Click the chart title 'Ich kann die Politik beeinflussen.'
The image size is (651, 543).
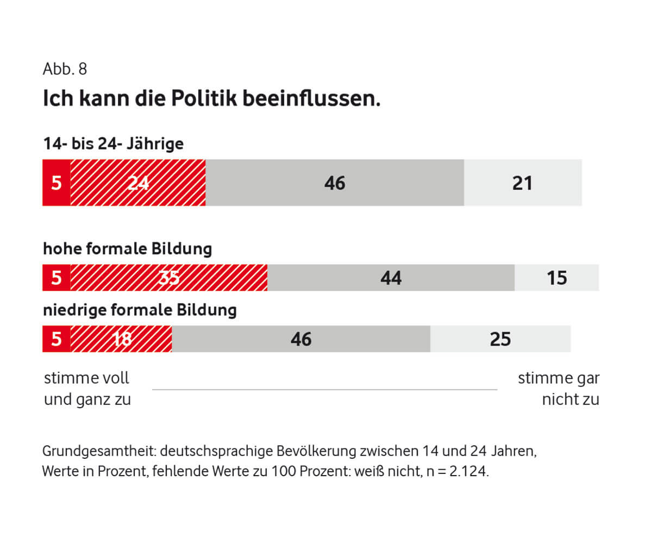211,99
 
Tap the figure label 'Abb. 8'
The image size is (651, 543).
65,70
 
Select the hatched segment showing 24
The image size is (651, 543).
138,183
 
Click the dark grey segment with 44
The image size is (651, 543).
391,278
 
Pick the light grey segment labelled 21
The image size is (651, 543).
522,183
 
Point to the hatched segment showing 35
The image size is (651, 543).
169,278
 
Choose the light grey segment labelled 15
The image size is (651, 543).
556,278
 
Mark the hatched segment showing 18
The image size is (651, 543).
121,339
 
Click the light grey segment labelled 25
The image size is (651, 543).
500,339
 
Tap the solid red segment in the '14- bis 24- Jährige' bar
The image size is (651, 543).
57,183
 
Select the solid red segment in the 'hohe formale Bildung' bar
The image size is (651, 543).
57,278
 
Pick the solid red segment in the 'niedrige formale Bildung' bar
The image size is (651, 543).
57,339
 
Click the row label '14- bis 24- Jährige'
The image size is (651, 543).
113,144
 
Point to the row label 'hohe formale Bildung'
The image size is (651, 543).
127,249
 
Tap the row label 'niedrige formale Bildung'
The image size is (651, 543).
140,310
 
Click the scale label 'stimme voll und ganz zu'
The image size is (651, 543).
87,389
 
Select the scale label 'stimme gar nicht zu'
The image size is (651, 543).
559,389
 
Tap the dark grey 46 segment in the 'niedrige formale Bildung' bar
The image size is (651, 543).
301,339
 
